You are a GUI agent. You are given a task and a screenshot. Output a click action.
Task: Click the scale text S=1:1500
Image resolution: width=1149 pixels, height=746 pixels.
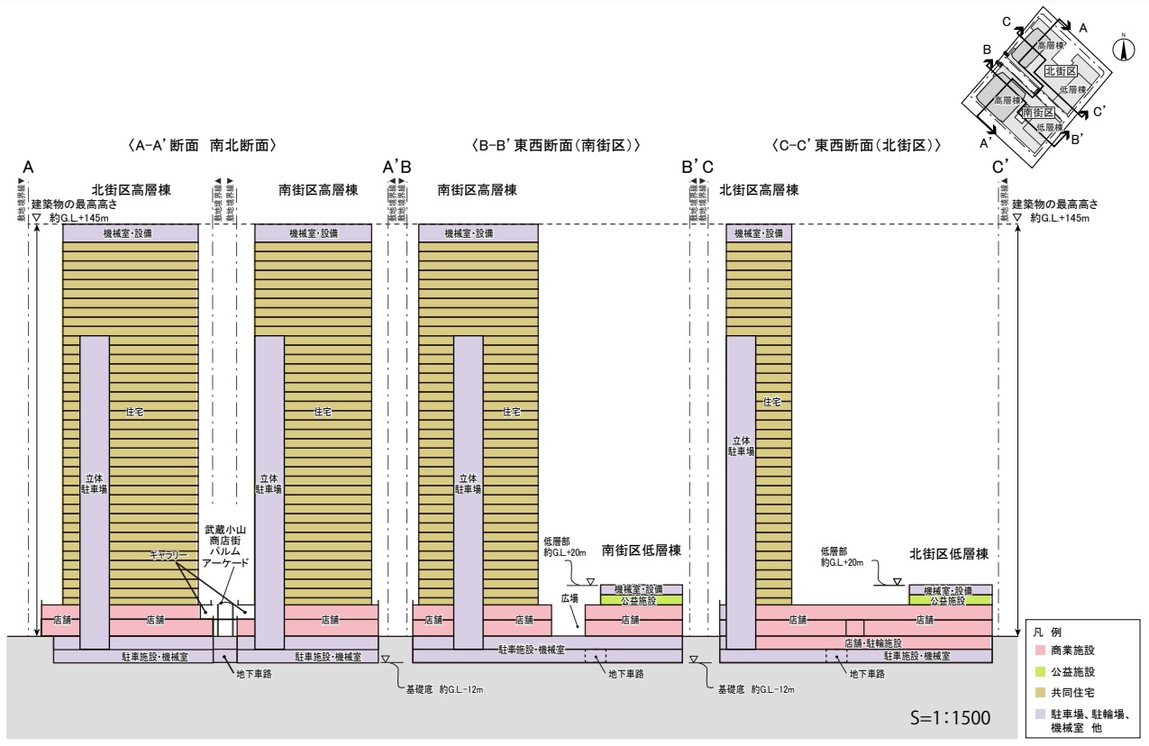(951, 718)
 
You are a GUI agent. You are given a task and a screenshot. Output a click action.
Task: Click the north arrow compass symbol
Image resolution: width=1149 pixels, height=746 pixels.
(1123, 50)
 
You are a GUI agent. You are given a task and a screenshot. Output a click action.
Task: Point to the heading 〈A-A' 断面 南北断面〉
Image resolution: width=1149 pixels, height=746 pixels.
(201, 144)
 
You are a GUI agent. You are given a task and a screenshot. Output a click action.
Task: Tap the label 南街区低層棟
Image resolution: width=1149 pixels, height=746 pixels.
(641, 550)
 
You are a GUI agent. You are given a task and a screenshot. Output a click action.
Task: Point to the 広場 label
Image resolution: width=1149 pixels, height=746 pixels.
(570, 597)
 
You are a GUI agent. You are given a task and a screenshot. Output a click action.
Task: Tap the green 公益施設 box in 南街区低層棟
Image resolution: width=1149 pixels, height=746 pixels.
(641, 599)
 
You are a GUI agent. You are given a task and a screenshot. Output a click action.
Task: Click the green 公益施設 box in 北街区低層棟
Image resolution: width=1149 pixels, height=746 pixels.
(951, 599)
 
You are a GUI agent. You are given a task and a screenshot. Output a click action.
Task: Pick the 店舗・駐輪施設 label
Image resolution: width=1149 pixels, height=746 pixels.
(874, 642)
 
